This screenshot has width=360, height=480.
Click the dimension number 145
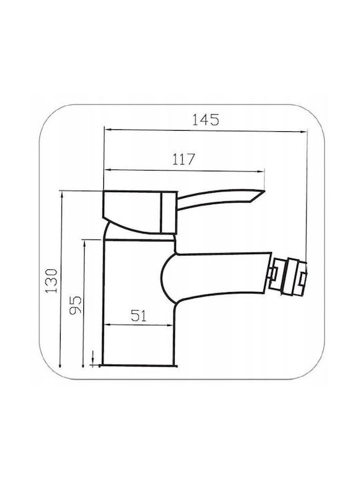pos(205,120)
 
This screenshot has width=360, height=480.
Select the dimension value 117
pos(184,159)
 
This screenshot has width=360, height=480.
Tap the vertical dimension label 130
pos(51,281)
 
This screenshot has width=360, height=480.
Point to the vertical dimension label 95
pos(75,305)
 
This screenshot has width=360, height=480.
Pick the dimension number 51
pos(139,315)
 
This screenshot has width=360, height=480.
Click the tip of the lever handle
pos(264,191)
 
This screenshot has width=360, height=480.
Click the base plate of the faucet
pos(139,365)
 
